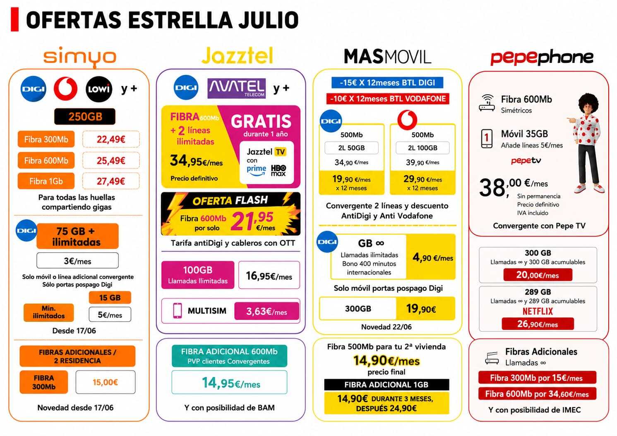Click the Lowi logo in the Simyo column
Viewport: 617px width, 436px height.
pos(99,89)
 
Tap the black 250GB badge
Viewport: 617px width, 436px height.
pos(85,117)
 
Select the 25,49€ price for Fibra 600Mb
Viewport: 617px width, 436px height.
pos(111,160)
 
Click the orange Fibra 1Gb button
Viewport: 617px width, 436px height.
pos(46,181)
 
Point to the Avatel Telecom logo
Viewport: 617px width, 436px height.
pos(237,88)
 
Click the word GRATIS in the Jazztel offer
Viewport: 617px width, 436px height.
pos(261,122)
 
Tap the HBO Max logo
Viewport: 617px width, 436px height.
pos(278,170)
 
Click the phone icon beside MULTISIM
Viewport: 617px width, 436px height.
pos(177,311)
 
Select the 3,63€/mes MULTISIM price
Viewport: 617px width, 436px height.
pos(266,311)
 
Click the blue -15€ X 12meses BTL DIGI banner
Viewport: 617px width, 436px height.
pos(387,83)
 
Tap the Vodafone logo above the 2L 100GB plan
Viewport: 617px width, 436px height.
pos(407,120)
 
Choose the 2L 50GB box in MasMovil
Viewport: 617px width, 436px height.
pos(351,148)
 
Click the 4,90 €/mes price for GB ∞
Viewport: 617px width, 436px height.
pos(432,257)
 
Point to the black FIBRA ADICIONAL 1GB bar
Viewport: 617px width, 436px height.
pos(387,385)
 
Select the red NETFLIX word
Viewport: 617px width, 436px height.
pos(538,311)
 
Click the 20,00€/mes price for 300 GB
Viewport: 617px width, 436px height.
pos(538,275)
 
